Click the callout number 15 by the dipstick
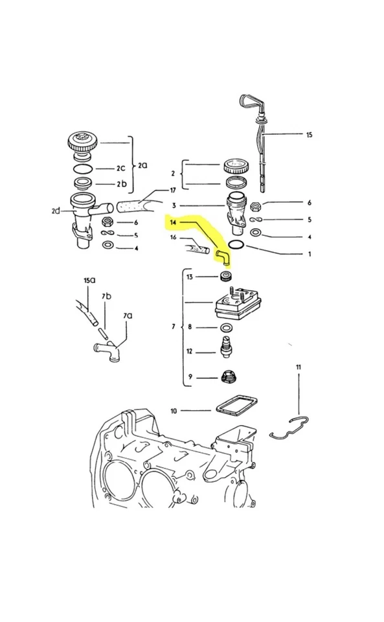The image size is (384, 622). [x=309, y=135]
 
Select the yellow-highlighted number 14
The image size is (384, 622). [x=172, y=222]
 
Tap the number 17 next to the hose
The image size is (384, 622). [x=172, y=190]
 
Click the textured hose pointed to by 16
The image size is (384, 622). [x=197, y=249]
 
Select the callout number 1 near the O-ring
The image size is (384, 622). [x=310, y=254]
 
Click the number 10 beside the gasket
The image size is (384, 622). [x=173, y=410]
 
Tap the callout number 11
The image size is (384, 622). [x=299, y=367]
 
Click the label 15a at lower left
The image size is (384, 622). [x=89, y=281]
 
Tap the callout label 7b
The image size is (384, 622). [x=106, y=295]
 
